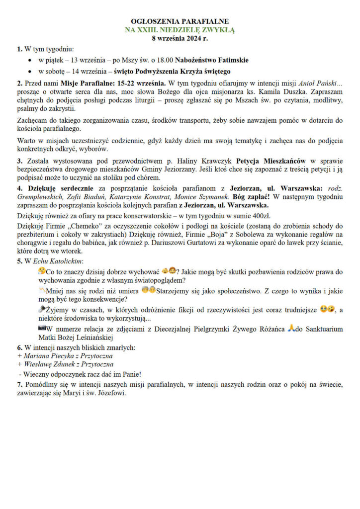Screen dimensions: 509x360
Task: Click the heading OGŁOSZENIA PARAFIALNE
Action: (x=180, y=22)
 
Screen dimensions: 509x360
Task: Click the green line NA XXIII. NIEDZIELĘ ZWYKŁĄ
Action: (x=180, y=30)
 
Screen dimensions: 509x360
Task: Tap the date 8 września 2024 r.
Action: (x=180, y=38)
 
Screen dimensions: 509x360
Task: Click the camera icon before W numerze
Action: (x=42, y=329)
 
